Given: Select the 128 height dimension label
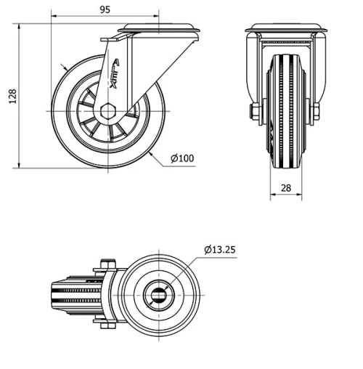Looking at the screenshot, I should click(9, 96).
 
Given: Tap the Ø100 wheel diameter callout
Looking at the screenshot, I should click(182, 158).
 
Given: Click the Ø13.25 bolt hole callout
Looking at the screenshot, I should click(220, 249).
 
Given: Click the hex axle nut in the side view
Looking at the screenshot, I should click(108, 111).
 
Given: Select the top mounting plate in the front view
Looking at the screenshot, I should click(284, 29).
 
